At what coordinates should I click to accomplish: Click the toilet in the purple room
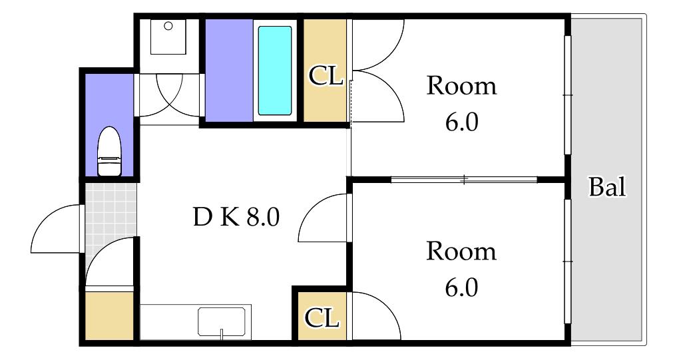(x=110, y=152)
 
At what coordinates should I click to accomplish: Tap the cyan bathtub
(x=275, y=71)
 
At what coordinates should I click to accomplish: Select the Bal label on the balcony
(x=607, y=187)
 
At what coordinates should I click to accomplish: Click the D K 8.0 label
(x=236, y=217)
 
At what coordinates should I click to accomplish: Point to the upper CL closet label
(x=326, y=76)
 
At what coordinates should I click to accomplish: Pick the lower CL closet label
(x=321, y=318)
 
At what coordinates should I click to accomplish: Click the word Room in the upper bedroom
(x=461, y=86)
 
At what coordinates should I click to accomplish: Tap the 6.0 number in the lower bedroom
(x=461, y=287)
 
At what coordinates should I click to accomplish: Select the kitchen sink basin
(x=222, y=321)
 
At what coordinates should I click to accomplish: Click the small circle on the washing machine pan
(x=168, y=26)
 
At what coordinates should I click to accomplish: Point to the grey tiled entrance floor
(x=111, y=224)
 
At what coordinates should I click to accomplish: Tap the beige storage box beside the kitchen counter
(x=109, y=316)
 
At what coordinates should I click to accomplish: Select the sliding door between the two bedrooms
(x=464, y=180)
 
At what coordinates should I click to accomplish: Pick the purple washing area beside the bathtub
(x=228, y=71)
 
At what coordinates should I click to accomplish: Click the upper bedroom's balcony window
(x=567, y=94)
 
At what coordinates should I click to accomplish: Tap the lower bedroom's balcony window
(x=567, y=261)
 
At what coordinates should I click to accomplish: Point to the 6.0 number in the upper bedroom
(x=461, y=122)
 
